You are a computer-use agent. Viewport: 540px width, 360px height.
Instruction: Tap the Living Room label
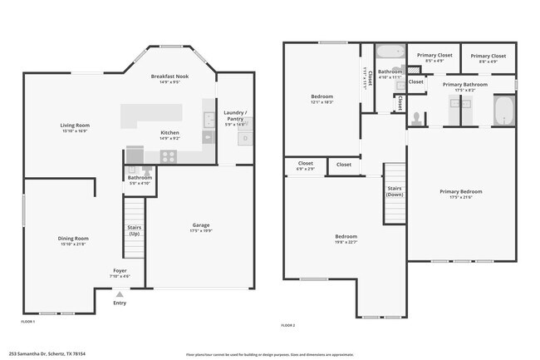coord(75,126)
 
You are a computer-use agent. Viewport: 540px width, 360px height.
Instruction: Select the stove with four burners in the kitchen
coord(169,155)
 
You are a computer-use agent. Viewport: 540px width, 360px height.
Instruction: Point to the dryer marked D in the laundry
coord(243,138)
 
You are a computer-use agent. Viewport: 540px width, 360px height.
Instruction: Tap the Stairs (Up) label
coord(134,229)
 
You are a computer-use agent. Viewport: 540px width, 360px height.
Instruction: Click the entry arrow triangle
coord(120,294)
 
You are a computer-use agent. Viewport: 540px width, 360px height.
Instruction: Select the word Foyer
coord(120,270)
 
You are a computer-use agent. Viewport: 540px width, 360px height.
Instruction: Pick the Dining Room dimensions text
coord(74,244)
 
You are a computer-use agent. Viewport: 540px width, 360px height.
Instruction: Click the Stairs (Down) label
coord(395,191)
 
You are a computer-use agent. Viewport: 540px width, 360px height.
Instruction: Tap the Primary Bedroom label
coord(461,191)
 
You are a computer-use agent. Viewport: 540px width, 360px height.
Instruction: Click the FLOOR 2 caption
coord(288,324)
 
